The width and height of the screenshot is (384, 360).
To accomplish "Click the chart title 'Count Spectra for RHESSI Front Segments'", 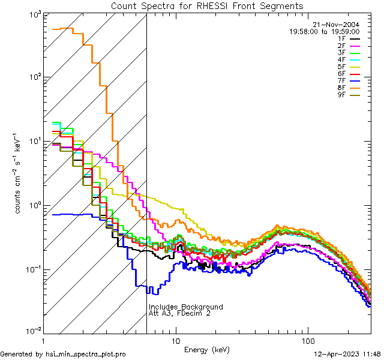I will click(x=207, y=5).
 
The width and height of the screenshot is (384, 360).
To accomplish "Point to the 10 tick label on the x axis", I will click(x=176, y=340).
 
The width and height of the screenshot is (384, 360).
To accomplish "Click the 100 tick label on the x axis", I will click(x=308, y=340).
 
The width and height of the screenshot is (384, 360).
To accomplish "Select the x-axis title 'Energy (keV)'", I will click(x=207, y=349).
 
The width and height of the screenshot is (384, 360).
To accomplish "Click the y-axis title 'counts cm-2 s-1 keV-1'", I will click(x=19, y=174).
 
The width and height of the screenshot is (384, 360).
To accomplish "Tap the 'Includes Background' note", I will click(x=185, y=307).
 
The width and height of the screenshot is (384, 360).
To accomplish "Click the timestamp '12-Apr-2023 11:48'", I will click(x=347, y=355).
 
